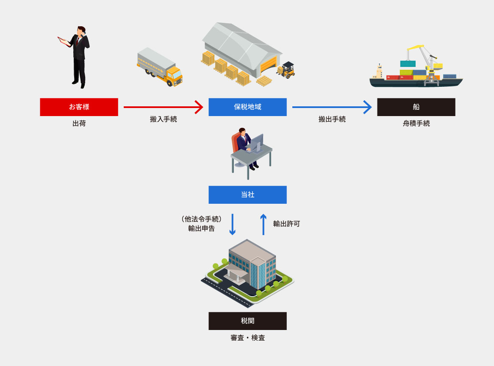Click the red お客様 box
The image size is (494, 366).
79,107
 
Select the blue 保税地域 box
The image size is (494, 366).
247,107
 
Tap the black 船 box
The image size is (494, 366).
416,107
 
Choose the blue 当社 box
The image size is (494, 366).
247,194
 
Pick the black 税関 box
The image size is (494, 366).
247,321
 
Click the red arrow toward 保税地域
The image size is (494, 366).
163,107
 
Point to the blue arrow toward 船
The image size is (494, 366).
332,107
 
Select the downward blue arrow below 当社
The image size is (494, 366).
232,224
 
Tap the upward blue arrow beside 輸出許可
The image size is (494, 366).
263,224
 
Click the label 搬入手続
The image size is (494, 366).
164,119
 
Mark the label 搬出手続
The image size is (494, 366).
332,119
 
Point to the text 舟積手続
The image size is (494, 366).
416,124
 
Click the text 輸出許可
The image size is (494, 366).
286,224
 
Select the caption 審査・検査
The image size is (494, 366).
247,338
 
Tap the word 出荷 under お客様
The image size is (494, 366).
79,124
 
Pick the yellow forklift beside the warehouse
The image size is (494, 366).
287,70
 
